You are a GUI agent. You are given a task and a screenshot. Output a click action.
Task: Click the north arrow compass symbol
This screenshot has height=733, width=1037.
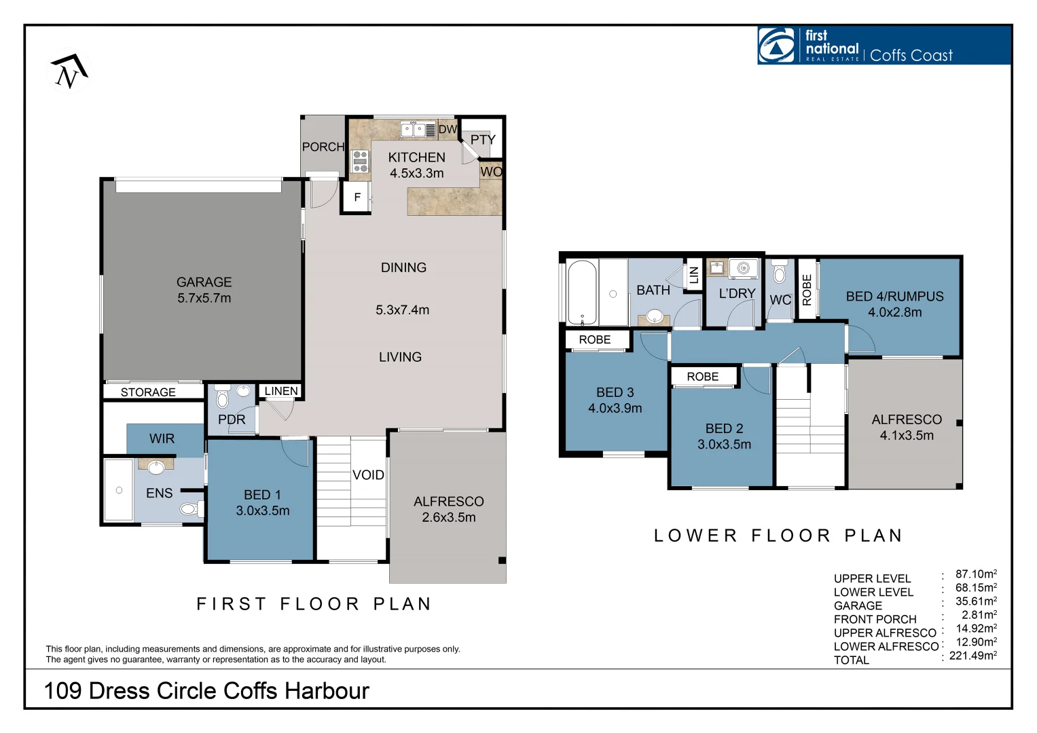click(69, 71)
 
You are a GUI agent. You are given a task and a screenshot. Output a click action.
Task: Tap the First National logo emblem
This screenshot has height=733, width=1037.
click(776, 45)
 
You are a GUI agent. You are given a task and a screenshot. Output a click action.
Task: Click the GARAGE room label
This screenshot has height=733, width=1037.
click(204, 282)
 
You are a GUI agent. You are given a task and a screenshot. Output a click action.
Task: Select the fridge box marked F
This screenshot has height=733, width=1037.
click(357, 198)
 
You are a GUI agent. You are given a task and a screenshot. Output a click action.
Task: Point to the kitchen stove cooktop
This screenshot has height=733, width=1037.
click(360, 161)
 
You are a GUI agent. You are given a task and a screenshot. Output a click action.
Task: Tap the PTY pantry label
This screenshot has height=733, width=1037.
click(483, 139)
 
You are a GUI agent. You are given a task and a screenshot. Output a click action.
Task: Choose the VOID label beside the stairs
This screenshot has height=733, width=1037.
click(368, 475)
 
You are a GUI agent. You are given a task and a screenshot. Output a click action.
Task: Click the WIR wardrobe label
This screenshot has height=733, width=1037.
click(162, 438)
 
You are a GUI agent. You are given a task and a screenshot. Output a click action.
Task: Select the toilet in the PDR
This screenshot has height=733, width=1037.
click(223, 396)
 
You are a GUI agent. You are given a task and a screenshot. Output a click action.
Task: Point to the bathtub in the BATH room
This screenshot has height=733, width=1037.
click(582, 293)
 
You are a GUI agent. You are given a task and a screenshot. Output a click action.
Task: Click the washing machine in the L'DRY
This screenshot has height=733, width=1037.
click(744, 268)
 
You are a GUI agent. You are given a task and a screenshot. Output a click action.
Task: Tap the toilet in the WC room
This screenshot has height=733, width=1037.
click(780, 271)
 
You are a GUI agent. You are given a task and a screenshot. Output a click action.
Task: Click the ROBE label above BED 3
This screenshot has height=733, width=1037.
click(595, 339)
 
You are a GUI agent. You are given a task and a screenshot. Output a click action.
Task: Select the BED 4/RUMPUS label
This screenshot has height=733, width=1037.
click(894, 296)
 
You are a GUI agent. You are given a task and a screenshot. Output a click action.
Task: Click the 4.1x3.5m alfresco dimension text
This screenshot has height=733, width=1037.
click(907, 435)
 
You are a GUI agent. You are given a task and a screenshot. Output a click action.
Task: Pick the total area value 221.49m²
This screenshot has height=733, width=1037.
click(973, 655)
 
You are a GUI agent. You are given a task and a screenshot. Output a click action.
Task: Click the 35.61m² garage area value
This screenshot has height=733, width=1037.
click(977, 601)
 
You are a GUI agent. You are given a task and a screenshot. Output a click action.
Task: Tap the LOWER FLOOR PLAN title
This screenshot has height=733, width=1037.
click(779, 535)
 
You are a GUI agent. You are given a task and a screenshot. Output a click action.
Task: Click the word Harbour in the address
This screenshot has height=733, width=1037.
click(327, 691)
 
